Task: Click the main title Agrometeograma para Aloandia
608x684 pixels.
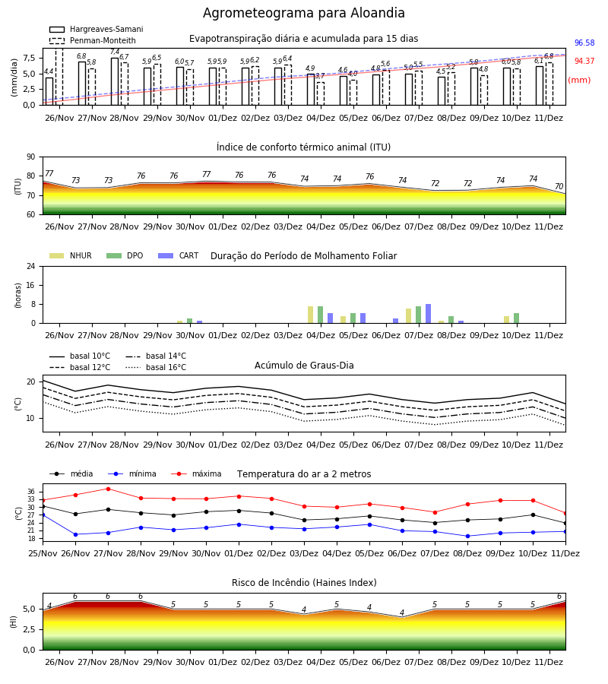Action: [x=303, y=13]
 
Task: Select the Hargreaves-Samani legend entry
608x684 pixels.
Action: [x=96, y=29]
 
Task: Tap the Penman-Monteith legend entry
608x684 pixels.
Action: [x=93, y=40]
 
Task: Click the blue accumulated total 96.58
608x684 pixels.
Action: [x=584, y=43]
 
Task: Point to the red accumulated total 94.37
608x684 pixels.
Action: [x=584, y=61]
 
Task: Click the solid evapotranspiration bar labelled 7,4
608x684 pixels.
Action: [x=115, y=81]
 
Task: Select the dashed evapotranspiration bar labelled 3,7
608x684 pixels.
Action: [x=321, y=93]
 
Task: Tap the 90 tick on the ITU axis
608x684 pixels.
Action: [x=31, y=157]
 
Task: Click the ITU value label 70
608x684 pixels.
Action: [x=559, y=186]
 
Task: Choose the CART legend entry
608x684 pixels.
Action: [x=178, y=255]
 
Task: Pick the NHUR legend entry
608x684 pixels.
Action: [x=70, y=255]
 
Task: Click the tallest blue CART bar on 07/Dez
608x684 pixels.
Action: [x=429, y=314]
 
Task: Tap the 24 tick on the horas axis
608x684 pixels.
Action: [x=31, y=266]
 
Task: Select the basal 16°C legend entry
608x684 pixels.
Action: [x=156, y=367]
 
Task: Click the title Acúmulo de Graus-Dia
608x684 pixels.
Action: [x=304, y=366]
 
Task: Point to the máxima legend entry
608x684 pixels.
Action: [x=196, y=473]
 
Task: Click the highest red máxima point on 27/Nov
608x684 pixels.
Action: [x=108, y=489]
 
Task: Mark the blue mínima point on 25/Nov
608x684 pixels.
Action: [x=43, y=515]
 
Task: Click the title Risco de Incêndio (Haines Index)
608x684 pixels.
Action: [x=304, y=583]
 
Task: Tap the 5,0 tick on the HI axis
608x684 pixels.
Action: [x=29, y=609]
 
